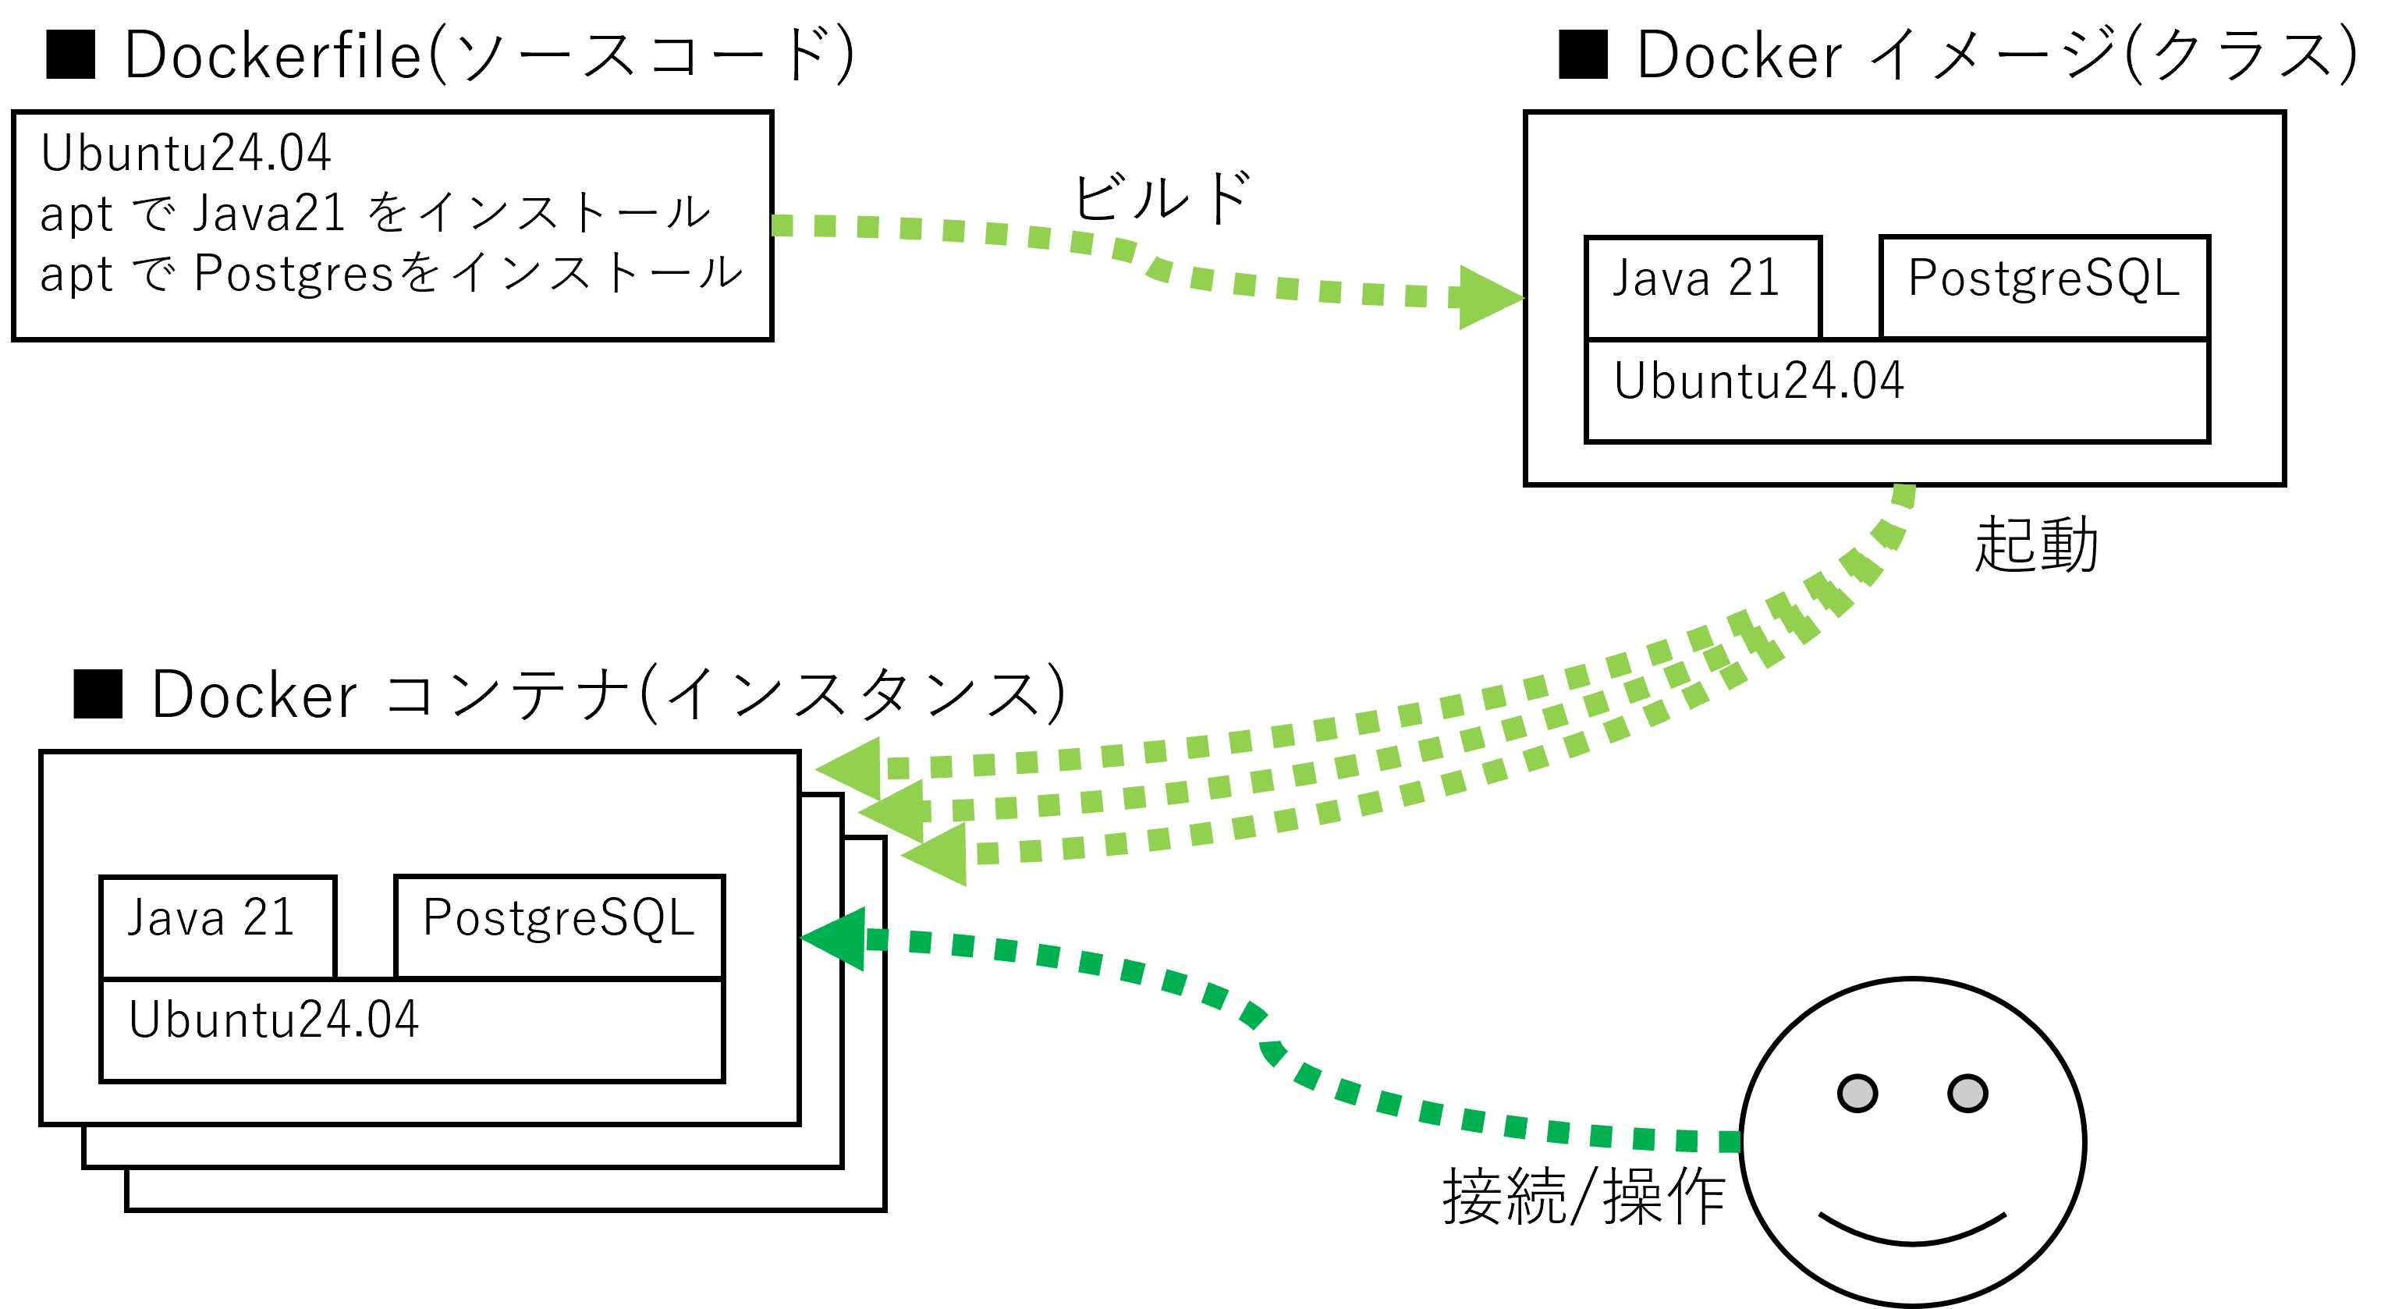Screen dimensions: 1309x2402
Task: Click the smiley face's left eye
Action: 1857,1093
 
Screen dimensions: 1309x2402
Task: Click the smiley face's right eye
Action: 1967,1093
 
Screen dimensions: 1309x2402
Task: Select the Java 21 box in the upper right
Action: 1703,286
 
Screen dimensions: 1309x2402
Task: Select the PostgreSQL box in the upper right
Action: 2044,286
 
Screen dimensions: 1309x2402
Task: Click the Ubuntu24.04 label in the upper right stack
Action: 1758,381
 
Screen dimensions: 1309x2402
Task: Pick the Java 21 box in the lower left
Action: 217,926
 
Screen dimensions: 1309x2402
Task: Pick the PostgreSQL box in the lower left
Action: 559,926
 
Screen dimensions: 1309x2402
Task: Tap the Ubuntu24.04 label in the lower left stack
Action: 273,1020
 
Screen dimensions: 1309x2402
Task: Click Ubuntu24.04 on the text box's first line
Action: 186,153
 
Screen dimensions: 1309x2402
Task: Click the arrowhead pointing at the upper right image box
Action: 1488,297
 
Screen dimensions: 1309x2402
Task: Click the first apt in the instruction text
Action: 76,215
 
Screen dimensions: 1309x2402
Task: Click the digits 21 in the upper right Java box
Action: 1754,277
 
